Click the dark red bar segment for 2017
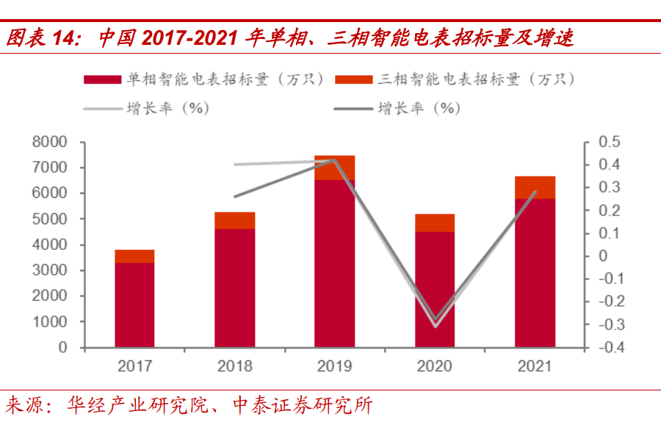(134, 304)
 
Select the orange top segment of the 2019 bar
(334, 168)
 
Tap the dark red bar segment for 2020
(435, 289)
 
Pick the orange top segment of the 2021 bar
(535, 187)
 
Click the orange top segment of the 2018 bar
(234, 221)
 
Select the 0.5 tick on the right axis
(610, 142)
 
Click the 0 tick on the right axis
(603, 256)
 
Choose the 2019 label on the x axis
(334, 366)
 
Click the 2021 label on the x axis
(535, 366)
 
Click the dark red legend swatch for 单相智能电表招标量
(104, 79)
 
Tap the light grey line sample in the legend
(104, 109)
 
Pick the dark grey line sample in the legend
(355, 109)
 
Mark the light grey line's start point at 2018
(234, 165)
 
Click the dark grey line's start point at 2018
(234, 196)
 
